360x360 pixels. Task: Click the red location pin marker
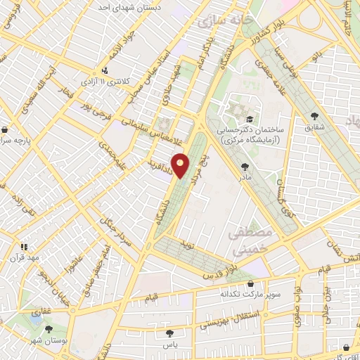pyautogui.click(x=181, y=166)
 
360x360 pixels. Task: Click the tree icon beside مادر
pyautogui.click(x=245, y=167)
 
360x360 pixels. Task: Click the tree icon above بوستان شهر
pyautogui.click(x=49, y=328)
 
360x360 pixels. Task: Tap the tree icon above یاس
pyautogui.click(x=168, y=333)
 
